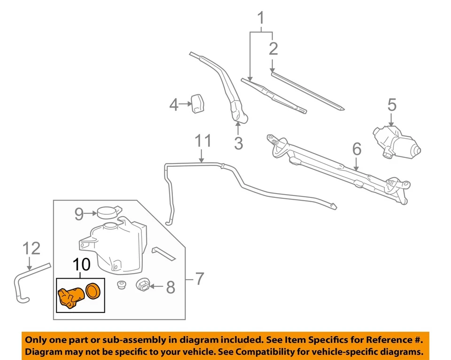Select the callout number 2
(273, 48)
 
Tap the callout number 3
(239, 143)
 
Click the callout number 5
(392, 105)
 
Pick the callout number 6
(357, 149)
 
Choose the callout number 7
(200, 279)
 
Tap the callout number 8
(170, 287)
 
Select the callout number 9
(79, 214)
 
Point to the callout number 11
(202, 141)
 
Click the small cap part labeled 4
(197, 103)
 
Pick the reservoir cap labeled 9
(108, 212)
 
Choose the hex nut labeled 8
(143, 285)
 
